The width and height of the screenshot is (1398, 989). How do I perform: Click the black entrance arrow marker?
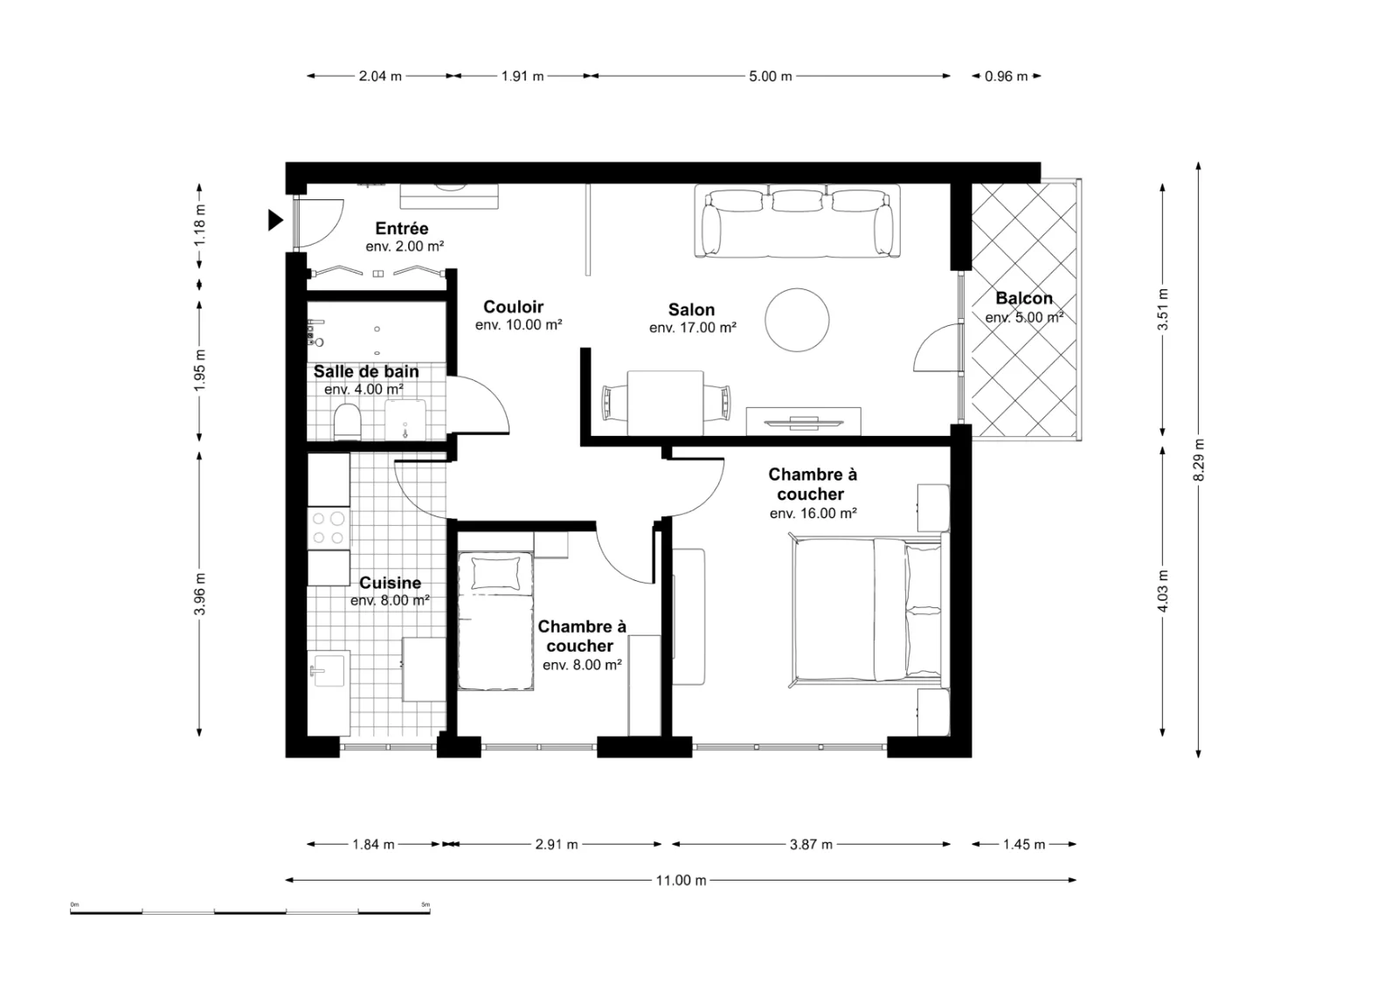tap(275, 220)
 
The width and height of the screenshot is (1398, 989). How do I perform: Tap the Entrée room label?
tap(402, 228)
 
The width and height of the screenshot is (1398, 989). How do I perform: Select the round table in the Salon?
tap(797, 320)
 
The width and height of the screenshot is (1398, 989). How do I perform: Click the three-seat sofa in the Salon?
tap(798, 221)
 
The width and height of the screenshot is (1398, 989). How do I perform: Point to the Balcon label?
tap(1024, 298)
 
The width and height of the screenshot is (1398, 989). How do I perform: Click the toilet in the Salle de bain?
tap(348, 422)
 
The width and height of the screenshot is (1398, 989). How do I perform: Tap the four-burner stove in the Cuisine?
tap(329, 528)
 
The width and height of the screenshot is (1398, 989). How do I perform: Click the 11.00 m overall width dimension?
tap(681, 881)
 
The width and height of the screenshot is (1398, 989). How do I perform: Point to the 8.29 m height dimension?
tap(1198, 460)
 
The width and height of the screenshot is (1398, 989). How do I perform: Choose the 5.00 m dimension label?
tap(770, 76)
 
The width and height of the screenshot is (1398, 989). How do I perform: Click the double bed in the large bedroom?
tap(867, 610)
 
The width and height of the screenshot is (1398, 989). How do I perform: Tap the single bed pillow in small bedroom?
tap(496, 573)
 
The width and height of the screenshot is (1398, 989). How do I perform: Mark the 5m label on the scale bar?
tap(426, 905)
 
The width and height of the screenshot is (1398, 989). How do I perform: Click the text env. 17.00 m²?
tap(693, 328)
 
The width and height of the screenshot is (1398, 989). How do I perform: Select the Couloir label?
tap(513, 307)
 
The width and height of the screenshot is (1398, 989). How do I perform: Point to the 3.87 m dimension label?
tap(811, 845)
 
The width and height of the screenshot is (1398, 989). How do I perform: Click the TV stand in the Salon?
tap(803, 421)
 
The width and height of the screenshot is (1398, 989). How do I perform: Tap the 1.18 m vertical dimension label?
tap(200, 225)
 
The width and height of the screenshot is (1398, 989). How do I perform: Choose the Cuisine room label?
tap(390, 583)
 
